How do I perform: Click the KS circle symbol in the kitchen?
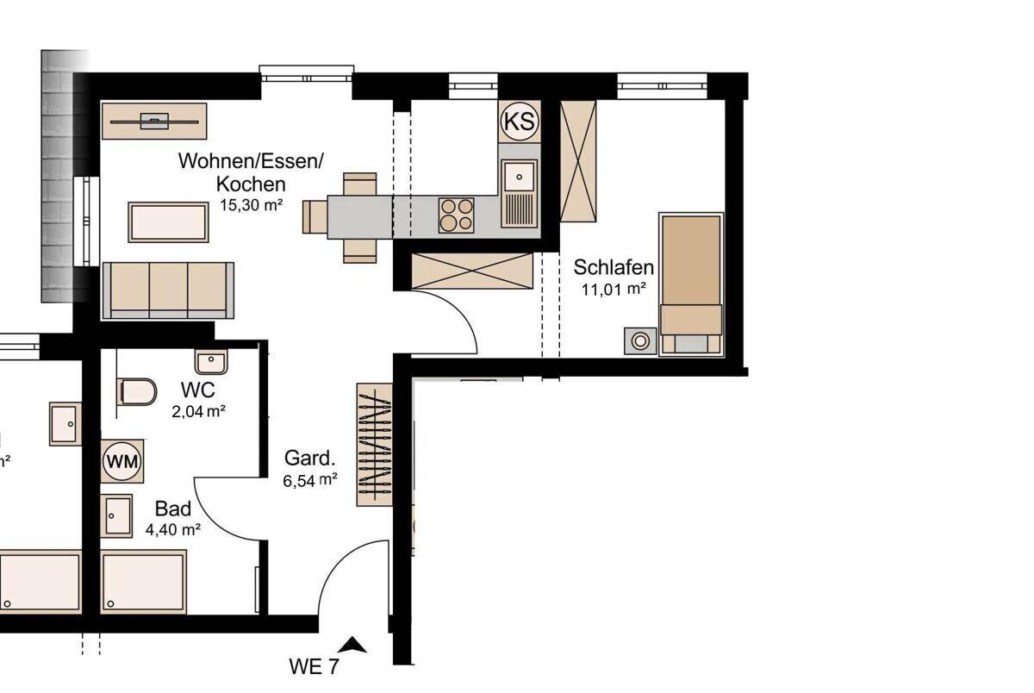[x=520, y=121]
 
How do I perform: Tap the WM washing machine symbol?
[x=121, y=461]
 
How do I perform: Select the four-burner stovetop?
[x=456, y=215]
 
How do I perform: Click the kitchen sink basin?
[x=520, y=177]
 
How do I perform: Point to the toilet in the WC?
[x=137, y=392]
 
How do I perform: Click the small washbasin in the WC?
[x=211, y=361]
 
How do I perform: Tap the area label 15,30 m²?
[x=251, y=205]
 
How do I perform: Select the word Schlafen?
[x=614, y=267]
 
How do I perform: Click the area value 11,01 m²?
[x=614, y=290]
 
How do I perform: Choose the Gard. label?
[x=309, y=459]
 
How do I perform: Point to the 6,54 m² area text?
[x=309, y=481]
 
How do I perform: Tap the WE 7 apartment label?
[x=314, y=666]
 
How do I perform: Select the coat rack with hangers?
[x=374, y=444]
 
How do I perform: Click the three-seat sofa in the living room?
[x=168, y=290]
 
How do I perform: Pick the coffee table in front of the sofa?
[x=169, y=222]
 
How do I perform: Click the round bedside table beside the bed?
[x=640, y=341]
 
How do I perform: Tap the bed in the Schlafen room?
[x=691, y=284]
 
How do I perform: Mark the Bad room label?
[x=173, y=509]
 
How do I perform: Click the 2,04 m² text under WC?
[x=198, y=411]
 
